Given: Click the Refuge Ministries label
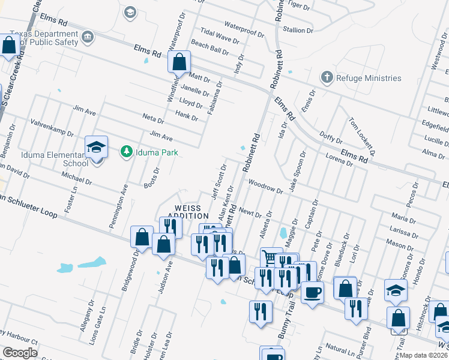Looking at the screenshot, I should tap(369, 78).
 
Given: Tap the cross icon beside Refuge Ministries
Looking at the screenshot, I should tap(327, 77).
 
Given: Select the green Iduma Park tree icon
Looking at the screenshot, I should tap(126, 152).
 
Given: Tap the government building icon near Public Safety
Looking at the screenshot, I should tap(88, 38).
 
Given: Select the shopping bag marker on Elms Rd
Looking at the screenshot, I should tap(179, 62).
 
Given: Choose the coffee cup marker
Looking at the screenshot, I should tap(312, 293).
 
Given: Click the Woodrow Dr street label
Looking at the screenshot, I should tap(265, 187).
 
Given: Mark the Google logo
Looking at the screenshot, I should tap(20, 353).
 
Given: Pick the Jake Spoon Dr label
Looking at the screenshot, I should tap(298, 171).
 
